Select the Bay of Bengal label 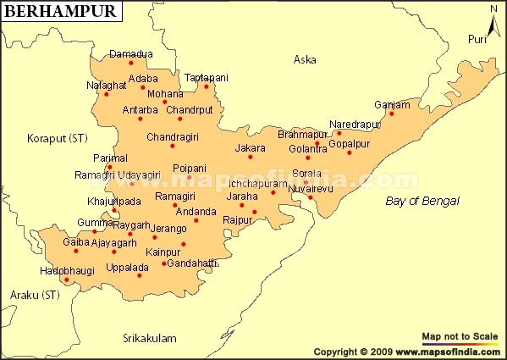tap(422, 201)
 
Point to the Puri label tap(478, 40)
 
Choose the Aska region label tap(304, 59)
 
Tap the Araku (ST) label tap(35, 295)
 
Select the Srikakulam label tap(149, 338)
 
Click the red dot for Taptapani tap(206, 86)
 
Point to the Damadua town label tap(131, 53)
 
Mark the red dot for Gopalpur tap(349, 152)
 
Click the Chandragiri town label tap(172, 136)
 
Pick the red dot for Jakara tap(251, 158)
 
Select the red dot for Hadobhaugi tap(67, 285)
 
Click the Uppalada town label tap(128, 267)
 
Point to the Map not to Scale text tap(460, 336)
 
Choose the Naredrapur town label tap(355, 124)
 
